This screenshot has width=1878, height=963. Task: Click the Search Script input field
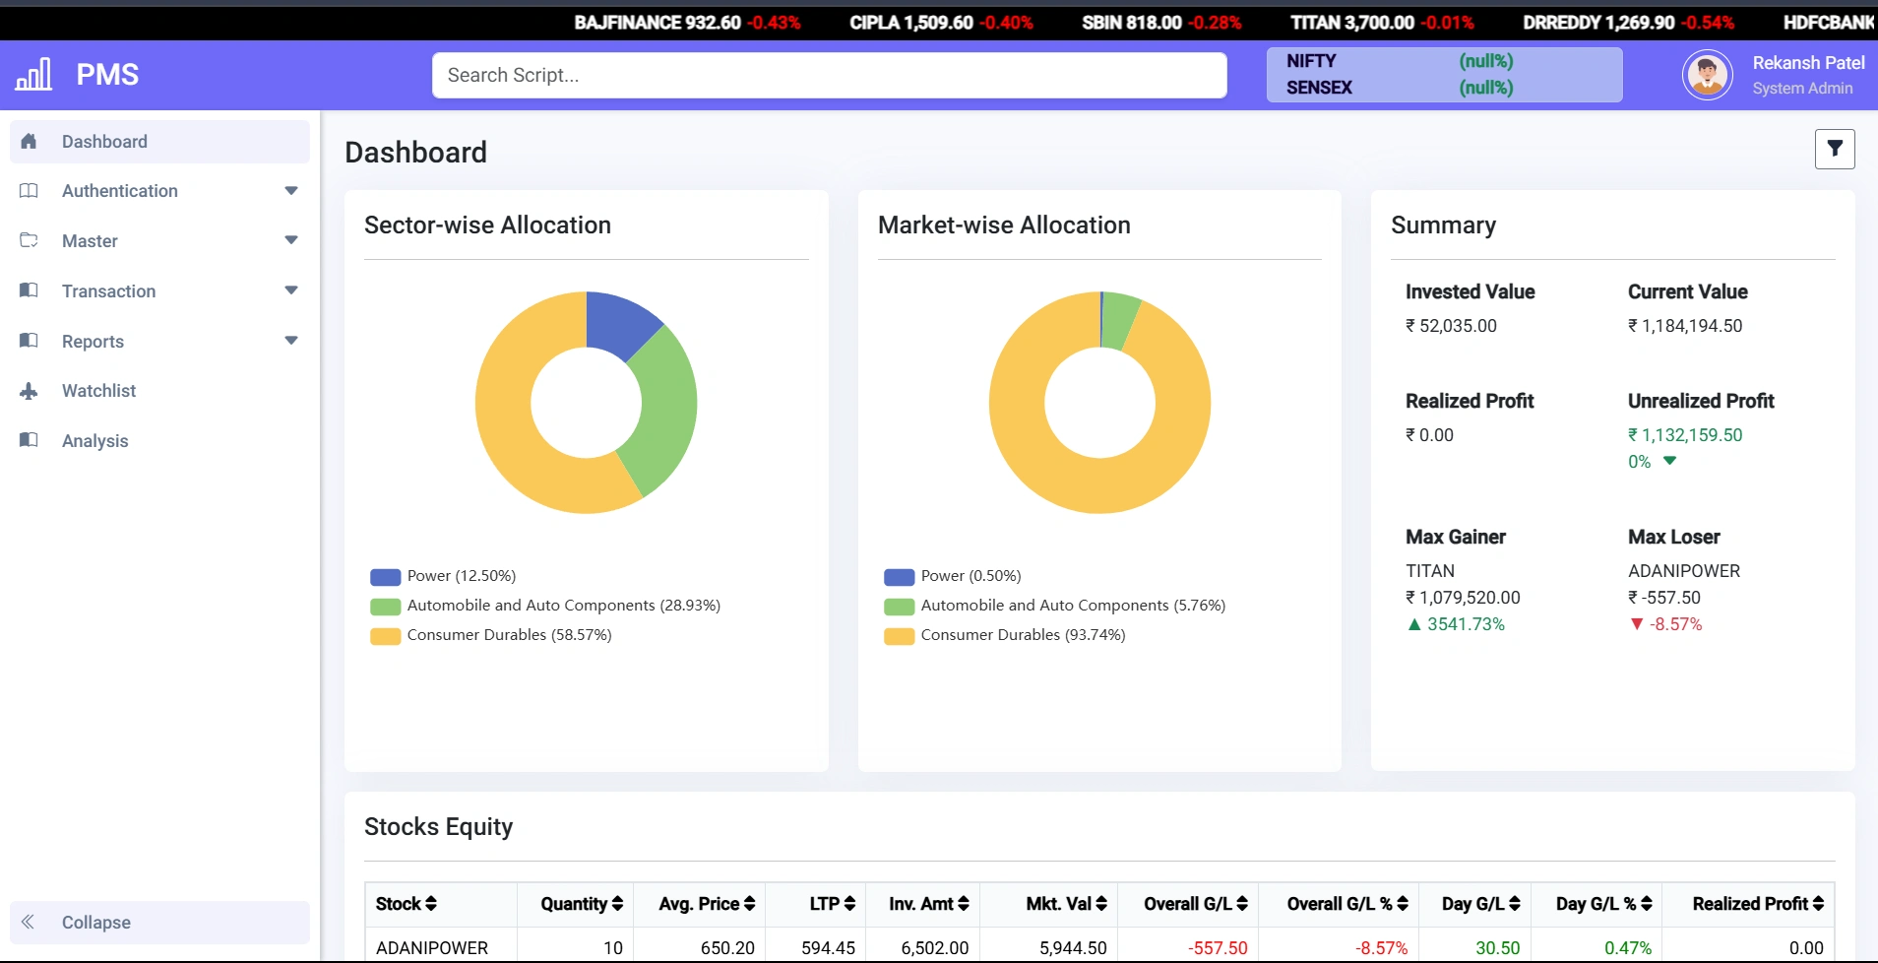(x=829, y=75)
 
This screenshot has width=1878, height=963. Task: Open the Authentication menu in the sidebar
(x=120, y=191)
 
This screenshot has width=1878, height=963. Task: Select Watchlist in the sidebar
(x=98, y=391)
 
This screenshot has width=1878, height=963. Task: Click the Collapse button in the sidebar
(x=95, y=923)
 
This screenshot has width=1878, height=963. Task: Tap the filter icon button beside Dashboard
(x=1835, y=149)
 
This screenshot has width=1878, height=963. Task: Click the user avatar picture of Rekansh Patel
(x=1708, y=75)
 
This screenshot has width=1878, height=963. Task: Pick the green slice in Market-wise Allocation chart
(x=1120, y=319)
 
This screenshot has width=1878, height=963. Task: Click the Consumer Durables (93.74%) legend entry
(x=1022, y=635)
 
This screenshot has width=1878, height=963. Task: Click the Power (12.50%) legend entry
(x=461, y=576)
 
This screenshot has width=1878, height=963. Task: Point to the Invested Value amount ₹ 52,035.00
(x=1451, y=326)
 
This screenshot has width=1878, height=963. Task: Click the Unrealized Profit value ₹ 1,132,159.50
(x=1685, y=435)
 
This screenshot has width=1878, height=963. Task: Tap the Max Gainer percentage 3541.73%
(x=1466, y=624)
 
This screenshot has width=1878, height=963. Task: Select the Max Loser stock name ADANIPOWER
(x=1683, y=571)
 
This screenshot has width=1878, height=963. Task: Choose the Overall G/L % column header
(x=1346, y=904)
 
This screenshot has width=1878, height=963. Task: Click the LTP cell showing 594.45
(x=828, y=947)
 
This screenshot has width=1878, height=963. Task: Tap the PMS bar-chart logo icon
(x=33, y=75)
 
